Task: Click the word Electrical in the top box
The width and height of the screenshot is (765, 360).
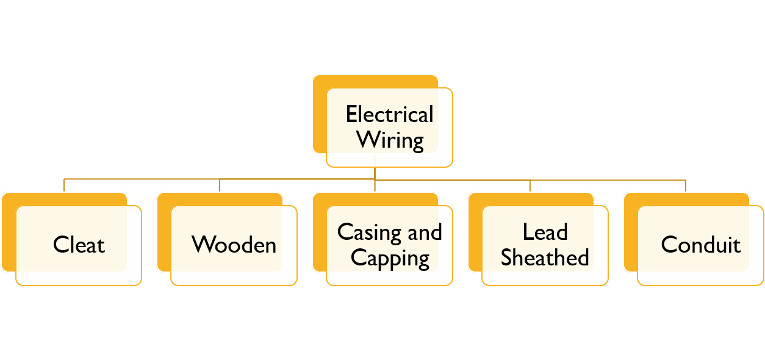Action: point(389,115)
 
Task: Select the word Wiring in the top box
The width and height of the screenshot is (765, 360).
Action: point(390,140)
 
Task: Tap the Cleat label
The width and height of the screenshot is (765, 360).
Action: point(79,245)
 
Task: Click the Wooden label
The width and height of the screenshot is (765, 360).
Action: point(234,245)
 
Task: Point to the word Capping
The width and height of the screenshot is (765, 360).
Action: point(390,258)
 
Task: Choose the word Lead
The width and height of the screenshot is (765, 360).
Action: point(545,232)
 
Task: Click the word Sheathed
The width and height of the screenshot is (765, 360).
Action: point(545,258)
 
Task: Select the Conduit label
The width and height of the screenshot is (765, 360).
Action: point(700,245)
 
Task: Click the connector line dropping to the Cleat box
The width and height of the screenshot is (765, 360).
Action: point(64,185)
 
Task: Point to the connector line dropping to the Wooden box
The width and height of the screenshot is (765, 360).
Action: point(220,185)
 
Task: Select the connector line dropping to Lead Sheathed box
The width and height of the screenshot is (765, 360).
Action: point(530,185)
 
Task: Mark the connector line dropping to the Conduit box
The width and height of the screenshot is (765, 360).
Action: point(686,185)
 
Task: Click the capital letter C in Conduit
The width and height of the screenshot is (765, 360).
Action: point(669,245)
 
